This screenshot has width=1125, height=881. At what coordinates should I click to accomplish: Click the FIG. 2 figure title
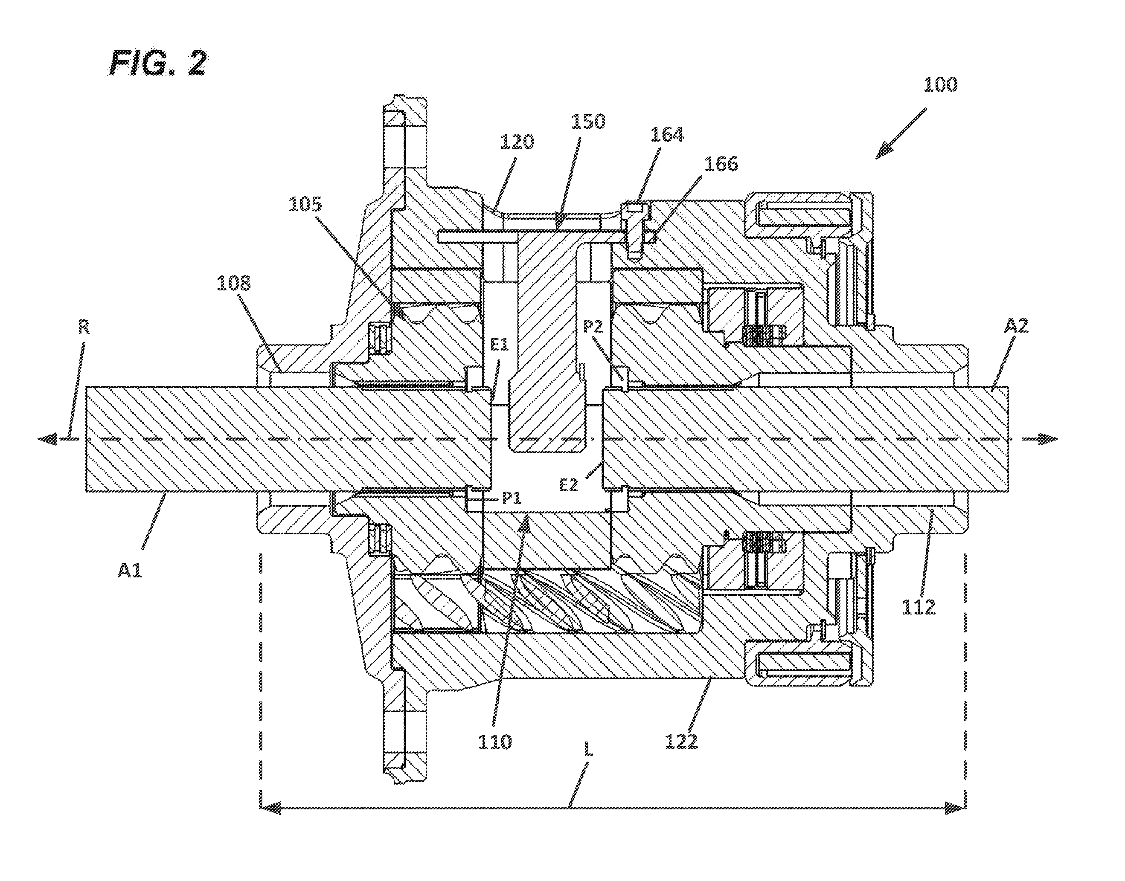[x=158, y=64]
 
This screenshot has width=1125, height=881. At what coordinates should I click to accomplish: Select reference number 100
[x=940, y=84]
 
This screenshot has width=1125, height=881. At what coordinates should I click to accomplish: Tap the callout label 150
[x=588, y=121]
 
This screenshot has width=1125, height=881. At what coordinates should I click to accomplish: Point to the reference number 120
[x=517, y=142]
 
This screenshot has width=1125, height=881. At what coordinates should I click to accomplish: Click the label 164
[x=667, y=135]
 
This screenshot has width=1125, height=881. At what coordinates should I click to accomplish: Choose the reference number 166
[x=721, y=164]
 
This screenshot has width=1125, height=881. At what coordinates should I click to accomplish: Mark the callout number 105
[x=305, y=204]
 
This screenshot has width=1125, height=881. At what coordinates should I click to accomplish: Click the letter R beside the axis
[x=84, y=327]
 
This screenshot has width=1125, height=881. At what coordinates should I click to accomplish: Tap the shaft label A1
[x=130, y=570]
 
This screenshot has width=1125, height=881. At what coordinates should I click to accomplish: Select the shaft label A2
[x=1016, y=325]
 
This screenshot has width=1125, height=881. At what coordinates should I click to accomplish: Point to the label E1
[x=499, y=345]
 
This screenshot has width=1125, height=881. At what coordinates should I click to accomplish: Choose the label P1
[x=512, y=498]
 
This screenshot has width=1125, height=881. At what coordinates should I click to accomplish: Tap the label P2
[x=593, y=327]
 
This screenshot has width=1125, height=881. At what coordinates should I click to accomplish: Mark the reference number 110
[x=495, y=742]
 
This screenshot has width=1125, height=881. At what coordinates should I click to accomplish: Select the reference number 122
[x=681, y=742]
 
